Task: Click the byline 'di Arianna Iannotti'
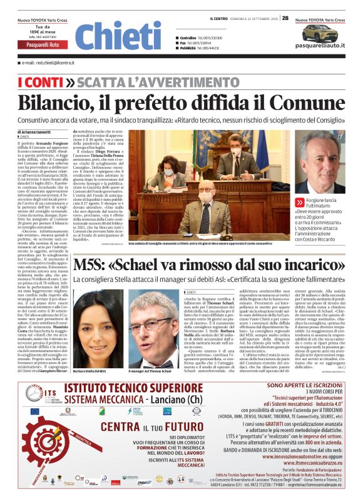(x=36, y=133)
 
